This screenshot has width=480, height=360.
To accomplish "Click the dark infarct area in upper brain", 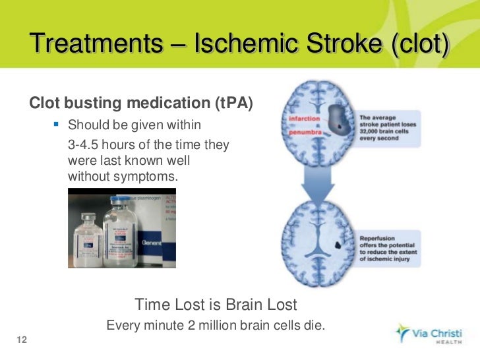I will click(x=338, y=120).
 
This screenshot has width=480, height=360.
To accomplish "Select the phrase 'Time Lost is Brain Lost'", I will click(x=216, y=305).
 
